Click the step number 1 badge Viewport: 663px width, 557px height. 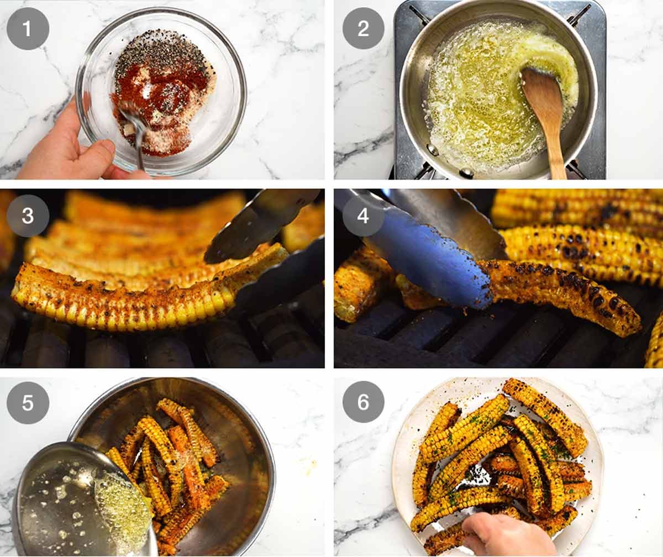pos(28,28)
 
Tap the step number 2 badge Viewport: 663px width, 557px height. pos(363,28)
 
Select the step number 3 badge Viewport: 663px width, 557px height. pos(28,216)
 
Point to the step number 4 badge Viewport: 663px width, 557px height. pos(363,216)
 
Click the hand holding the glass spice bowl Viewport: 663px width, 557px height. pos(61,149)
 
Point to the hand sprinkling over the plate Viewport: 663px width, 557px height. pos(506,535)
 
